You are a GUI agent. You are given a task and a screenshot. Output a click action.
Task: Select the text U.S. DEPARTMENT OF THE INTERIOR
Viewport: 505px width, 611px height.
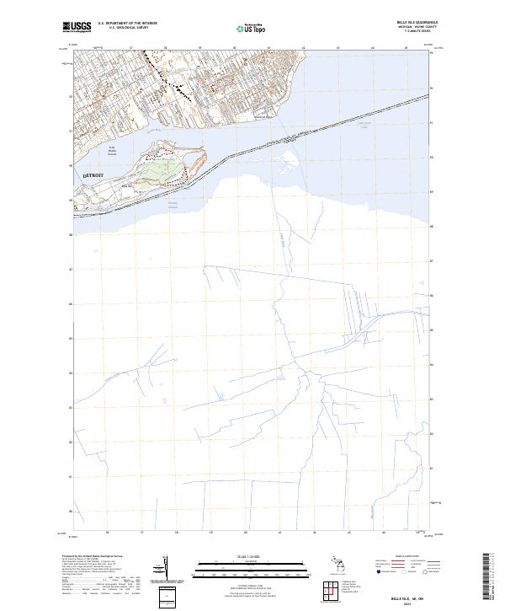pos(127,24)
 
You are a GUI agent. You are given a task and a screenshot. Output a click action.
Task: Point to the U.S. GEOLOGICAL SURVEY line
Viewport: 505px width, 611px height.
pos(127,28)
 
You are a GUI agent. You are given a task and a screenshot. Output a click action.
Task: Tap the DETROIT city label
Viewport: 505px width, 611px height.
pos(93,174)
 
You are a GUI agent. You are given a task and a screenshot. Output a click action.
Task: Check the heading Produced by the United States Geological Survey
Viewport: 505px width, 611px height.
pos(93,556)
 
